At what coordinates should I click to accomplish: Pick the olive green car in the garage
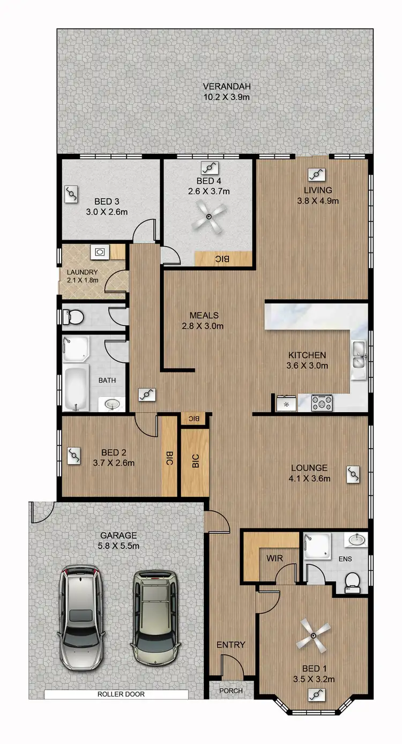[155, 617]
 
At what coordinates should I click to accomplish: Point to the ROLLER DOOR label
[121, 694]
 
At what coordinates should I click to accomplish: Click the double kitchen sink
[359, 356]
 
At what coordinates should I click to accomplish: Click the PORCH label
[230, 691]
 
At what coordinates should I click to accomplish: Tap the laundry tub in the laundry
[100, 251]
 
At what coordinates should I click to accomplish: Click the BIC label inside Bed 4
[222, 259]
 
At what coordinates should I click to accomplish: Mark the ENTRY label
[230, 645]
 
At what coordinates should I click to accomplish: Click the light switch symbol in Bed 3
[72, 194]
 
